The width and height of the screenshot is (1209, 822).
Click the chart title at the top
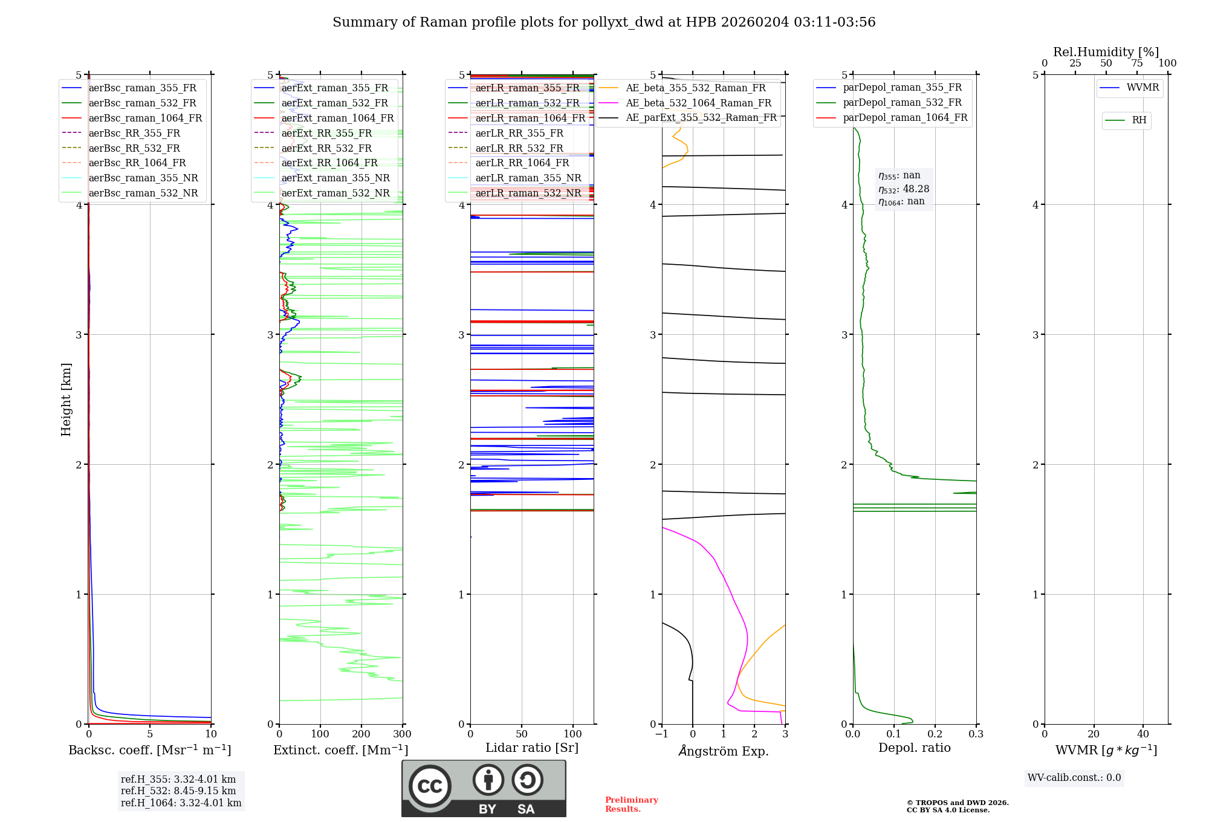pyautogui.click(x=604, y=22)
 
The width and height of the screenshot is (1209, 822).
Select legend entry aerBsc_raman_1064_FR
pyautogui.click(x=145, y=118)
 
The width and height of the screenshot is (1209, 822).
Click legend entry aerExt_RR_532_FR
pyautogui.click(x=326, y=148)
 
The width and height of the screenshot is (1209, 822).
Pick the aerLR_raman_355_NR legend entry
pyautogui.click(x=528, y=178)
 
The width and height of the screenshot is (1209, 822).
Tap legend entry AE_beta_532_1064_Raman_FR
pyautogui.click(x=698, y=103)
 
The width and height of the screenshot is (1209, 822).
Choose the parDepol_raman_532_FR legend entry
pyautogui.click(x=902, y=103)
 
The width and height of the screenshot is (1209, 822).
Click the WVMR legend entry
pyautogui.click(x=1143, y=88)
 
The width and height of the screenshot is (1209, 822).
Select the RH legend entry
pyautogui.click(x=1139, y=120)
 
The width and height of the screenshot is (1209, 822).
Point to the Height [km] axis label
pyautogui.click(x=66, y=399)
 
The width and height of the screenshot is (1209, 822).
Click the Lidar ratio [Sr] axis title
pyautogui.click(x=531, y=748)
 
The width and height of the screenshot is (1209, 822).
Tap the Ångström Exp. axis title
pyautogui.click(x=724, y=751)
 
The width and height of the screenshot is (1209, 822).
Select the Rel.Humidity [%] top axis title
pyautogui.click(x=1106, y=52)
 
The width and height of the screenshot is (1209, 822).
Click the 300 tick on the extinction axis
pyautogui.click(x=402, y=734)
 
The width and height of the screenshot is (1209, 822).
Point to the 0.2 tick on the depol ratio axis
pyautogui.click(x=935, y=734)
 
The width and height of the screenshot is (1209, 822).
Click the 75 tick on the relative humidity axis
pyautogui.click(x=1136, y=63)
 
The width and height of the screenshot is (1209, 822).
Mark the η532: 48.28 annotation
pyautogui.click(x=904, y=189)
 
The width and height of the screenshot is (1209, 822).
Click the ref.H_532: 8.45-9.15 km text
pyautogui.click(x=178, y=791)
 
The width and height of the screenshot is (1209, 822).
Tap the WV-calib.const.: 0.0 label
pyautogui.click(x=1074, y=777)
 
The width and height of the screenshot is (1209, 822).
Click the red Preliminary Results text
pyautogui.click(x=631, y=804)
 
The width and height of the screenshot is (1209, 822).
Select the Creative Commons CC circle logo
pyautogui.click(x=430, y=786)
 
